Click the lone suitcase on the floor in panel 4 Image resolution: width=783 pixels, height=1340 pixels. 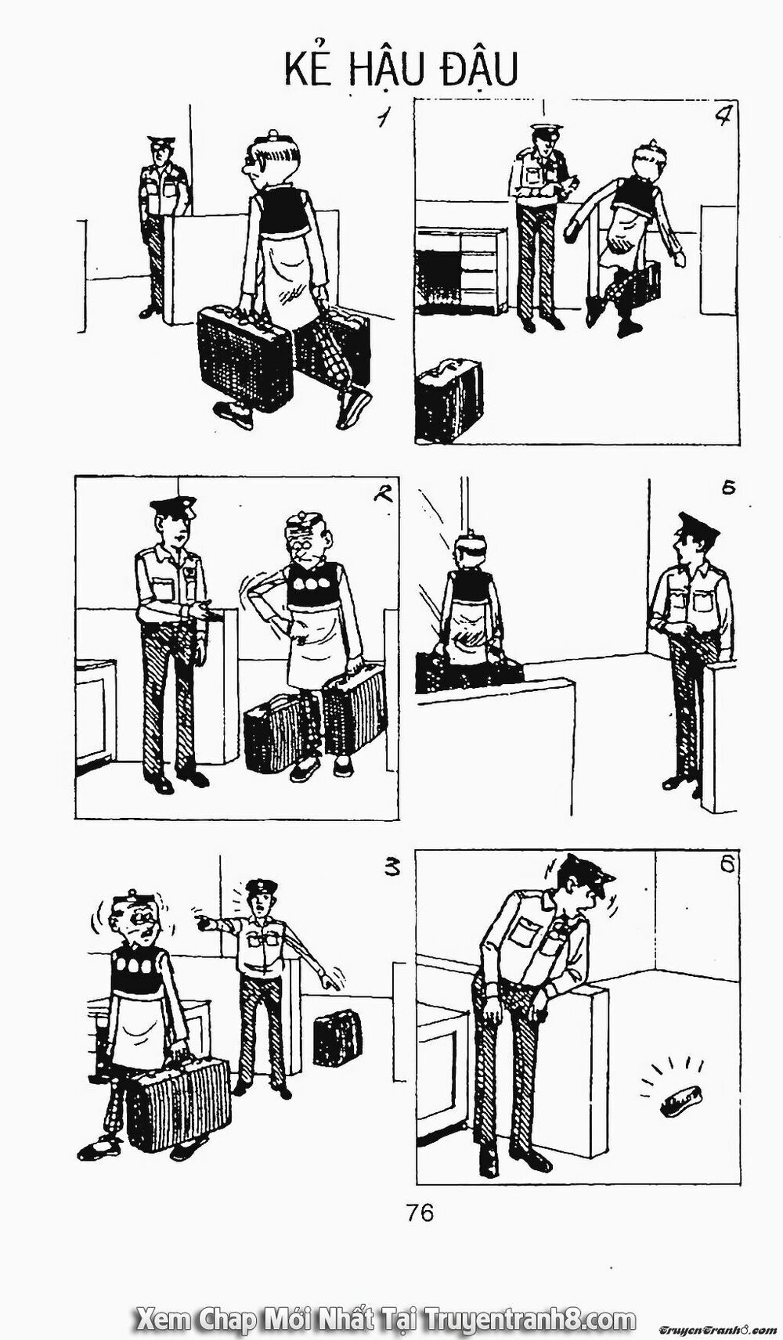[x=449, y=399]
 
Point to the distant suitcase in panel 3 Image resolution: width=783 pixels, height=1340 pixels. [x=337, y=1038]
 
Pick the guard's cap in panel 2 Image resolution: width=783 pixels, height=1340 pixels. [x=174, y=507]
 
